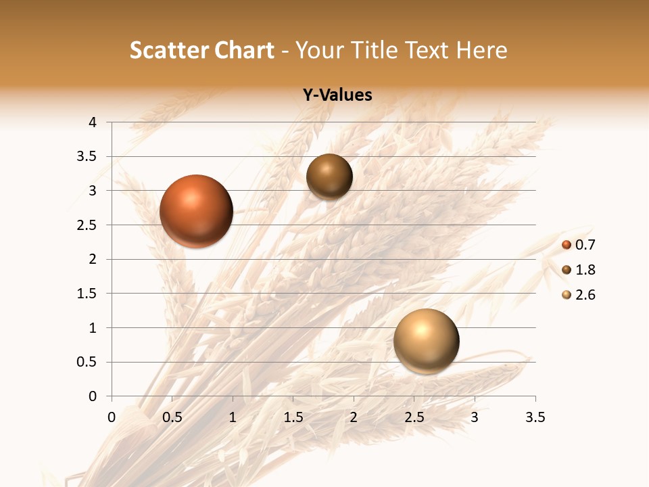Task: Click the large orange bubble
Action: point(197,211)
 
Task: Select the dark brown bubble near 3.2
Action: point(329,177)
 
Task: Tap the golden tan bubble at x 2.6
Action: point(426,341)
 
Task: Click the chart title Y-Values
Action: point(337,95)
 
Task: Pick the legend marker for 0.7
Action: point(567,245)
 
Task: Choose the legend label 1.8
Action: point(585,270)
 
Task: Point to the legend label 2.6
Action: point(585,295)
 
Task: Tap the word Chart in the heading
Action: point(244,50)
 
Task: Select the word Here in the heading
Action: point(482,50)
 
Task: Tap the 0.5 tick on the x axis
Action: point(172,417)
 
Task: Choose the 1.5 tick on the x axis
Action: point(293,417)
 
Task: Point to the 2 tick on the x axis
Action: point(354,417)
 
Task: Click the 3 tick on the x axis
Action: point(475,417)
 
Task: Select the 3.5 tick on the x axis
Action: point(535,417)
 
